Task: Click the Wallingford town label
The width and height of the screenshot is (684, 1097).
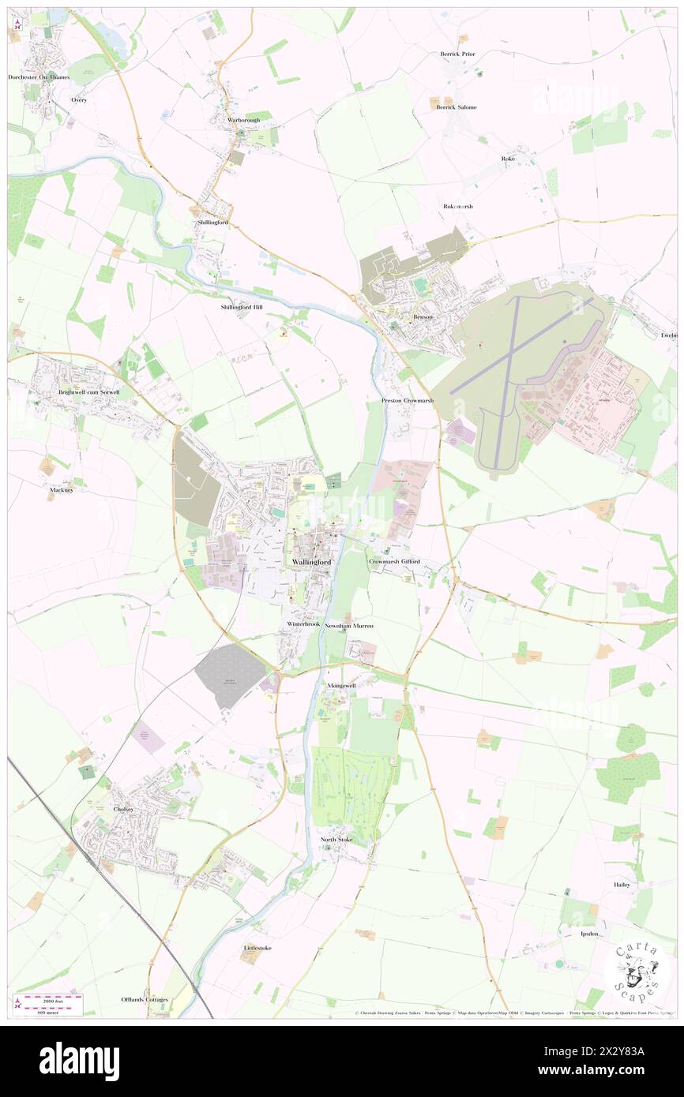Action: coord(312,561)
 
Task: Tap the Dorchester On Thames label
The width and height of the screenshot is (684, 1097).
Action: coord(39,77)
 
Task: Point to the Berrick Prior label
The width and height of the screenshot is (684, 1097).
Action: coord(458,54)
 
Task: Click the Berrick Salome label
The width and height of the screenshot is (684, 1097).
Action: coord(457,107)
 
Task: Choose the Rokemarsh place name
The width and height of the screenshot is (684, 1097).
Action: coord(457,206)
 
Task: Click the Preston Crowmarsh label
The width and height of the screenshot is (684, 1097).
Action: coord(408,401)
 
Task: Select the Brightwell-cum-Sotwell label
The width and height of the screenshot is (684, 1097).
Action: coord(88,391)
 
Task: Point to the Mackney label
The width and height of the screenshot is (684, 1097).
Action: coord(61,489)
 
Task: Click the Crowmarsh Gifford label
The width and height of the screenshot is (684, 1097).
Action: coord(393,561)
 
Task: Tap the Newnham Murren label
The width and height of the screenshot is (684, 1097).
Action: coord(348,625)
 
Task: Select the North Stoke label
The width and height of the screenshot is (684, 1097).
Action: coord(336,839)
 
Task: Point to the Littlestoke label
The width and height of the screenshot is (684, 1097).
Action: coord(257,947)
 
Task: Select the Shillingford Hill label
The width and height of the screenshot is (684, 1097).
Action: coord(242,306)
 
